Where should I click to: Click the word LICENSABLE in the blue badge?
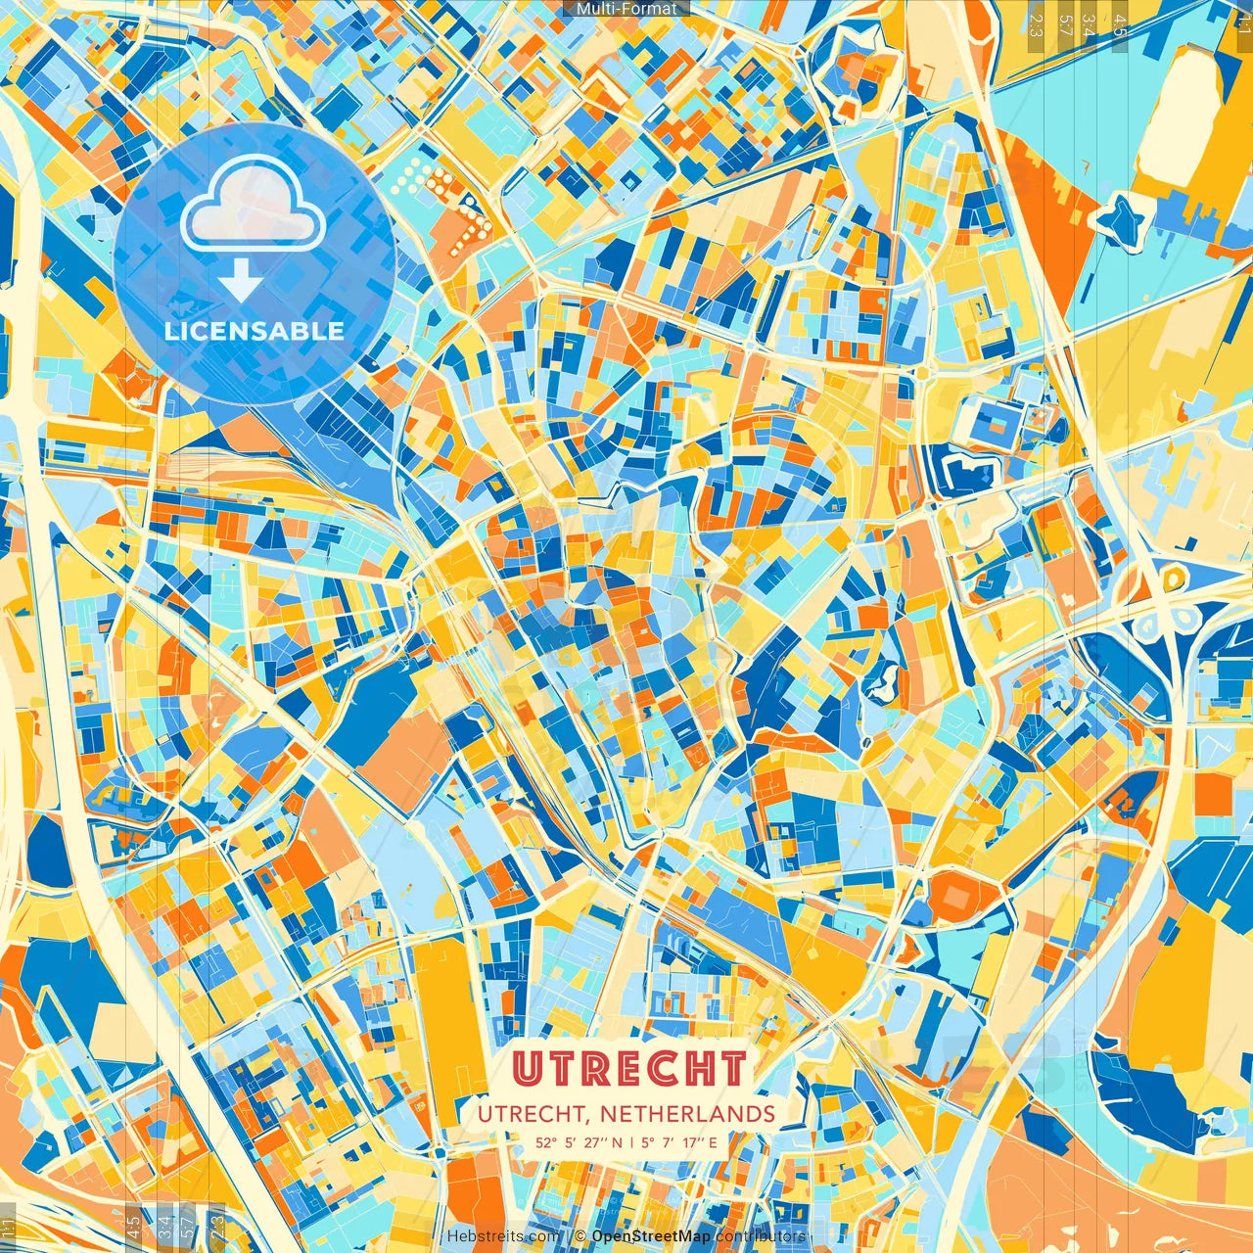(255, 331)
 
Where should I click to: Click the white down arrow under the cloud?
(240, 282)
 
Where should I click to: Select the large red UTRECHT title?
(629, 1069)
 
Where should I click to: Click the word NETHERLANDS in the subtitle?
(688, 1114)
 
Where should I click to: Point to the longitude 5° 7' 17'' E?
(680, 1142)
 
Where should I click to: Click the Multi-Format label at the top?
(626, 9)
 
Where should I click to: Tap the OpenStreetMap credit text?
(650, 1236)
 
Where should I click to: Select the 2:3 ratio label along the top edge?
(1036, 25)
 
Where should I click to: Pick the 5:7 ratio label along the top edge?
(1065, 25)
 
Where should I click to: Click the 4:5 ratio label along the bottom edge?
(133, 1226)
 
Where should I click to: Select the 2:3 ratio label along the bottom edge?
(217, 1226)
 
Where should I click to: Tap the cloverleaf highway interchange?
(1171, 597)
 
